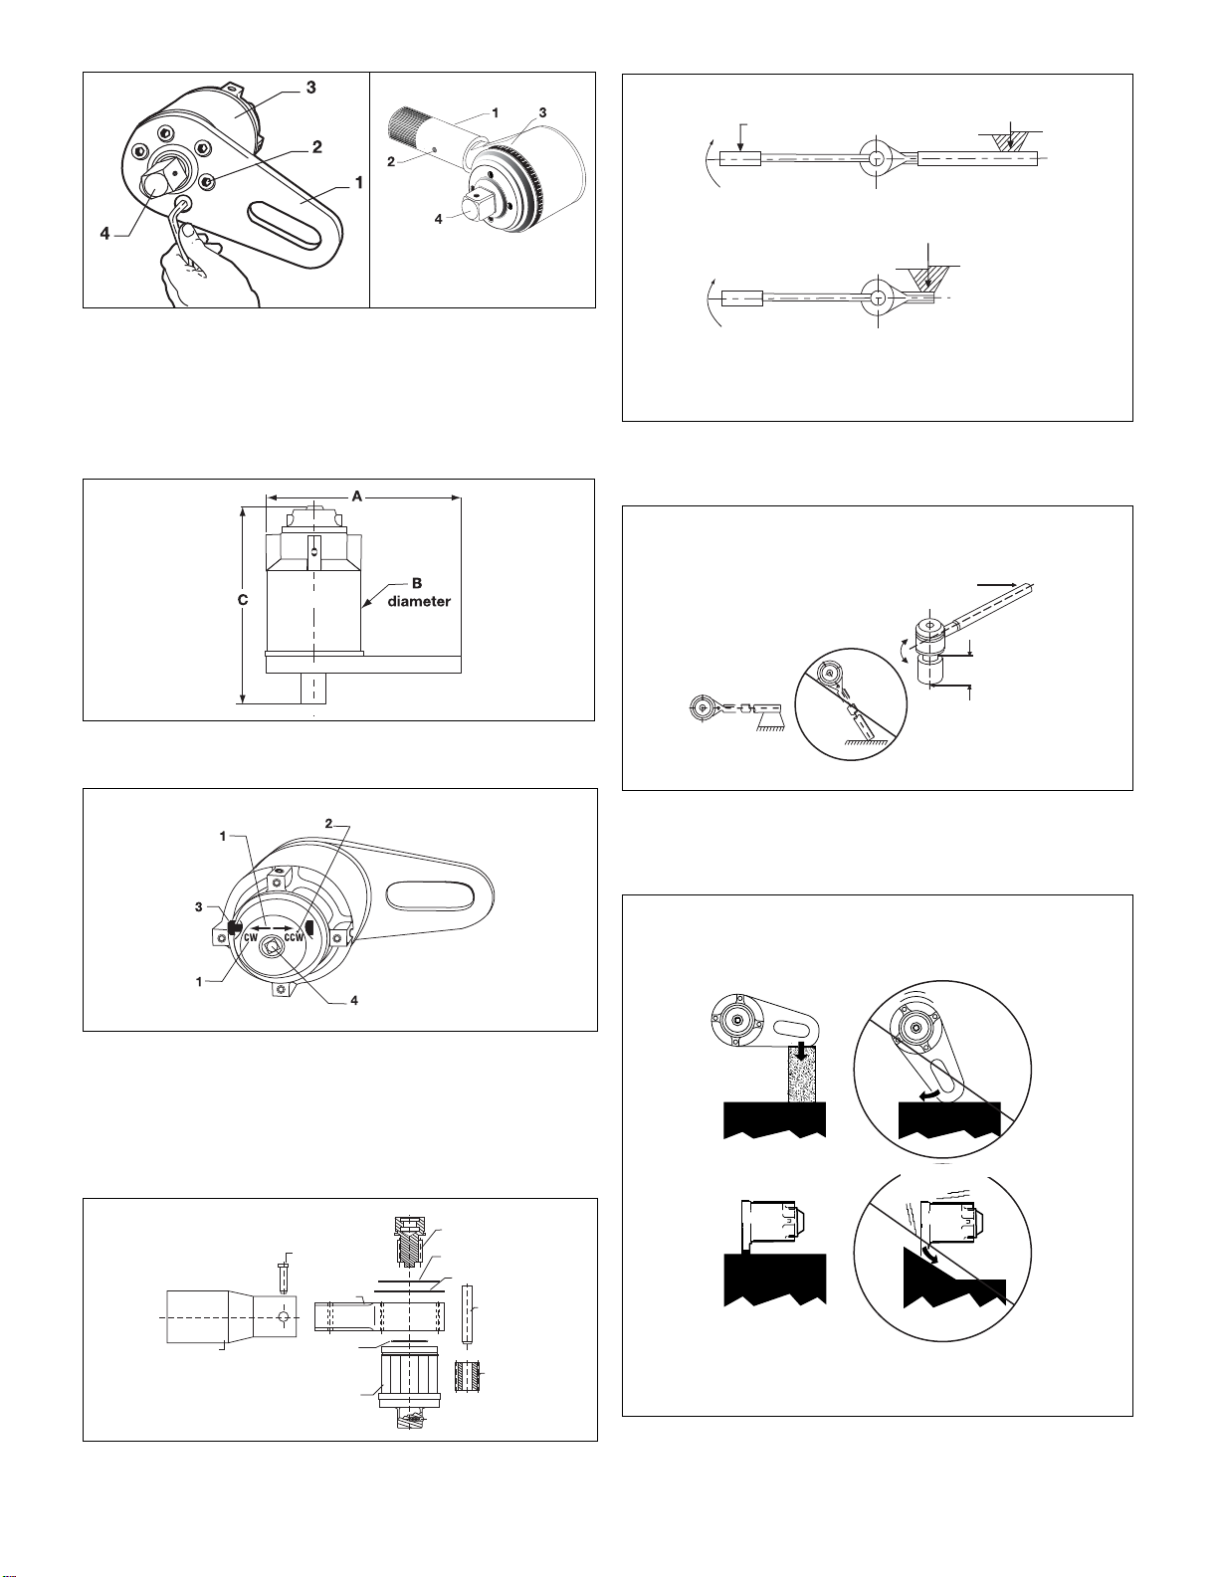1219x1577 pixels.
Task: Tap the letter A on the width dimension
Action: click(357, 495)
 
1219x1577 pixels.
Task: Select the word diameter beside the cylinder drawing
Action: click(419, 601)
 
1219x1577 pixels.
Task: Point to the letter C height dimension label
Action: click(242, 600)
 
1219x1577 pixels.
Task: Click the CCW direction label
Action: click(295, 937)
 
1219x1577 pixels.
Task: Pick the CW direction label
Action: click(250, 937)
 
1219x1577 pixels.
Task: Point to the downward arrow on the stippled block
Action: click(796, 1051)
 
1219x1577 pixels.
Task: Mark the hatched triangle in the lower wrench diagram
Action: click(925, 280)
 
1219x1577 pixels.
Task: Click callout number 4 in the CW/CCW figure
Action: click(354, 1000)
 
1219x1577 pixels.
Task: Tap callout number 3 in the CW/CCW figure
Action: click(199, 906)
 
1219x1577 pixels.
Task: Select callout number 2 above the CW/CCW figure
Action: click(328, 824)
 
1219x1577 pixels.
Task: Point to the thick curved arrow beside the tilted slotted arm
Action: click(929, 1095)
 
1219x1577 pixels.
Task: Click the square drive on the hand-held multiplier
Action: click(158, 183)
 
